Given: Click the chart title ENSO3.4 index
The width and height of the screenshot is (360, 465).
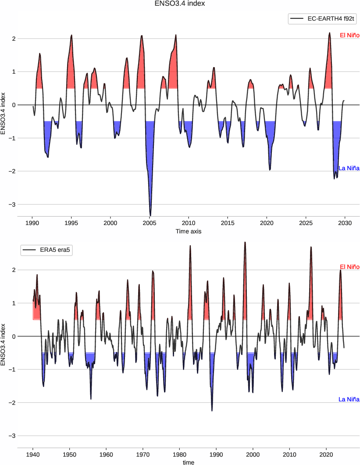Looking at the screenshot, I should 180,4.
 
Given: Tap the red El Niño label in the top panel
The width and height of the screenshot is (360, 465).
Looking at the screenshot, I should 349,35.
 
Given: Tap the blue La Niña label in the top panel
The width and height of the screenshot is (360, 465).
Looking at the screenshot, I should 349,168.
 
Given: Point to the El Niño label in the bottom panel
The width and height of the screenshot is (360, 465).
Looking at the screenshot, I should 349,267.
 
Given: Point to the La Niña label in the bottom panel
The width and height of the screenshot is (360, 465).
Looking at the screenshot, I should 349,399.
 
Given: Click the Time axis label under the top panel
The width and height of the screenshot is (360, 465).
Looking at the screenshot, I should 189,231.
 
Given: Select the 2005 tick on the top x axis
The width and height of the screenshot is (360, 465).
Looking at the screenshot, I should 150,222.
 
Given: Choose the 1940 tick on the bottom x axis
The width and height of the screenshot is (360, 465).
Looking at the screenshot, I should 33,454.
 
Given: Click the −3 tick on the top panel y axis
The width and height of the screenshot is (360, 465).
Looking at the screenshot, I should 13,204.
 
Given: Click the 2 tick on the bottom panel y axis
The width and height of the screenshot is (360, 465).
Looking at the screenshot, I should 13,270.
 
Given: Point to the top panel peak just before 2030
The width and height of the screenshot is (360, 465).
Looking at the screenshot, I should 329,32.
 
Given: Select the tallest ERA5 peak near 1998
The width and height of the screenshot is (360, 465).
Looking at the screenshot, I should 245,242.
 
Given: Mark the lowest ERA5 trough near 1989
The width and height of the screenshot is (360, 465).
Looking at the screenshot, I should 212,411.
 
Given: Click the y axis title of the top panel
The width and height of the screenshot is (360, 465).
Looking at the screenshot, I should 4,113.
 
